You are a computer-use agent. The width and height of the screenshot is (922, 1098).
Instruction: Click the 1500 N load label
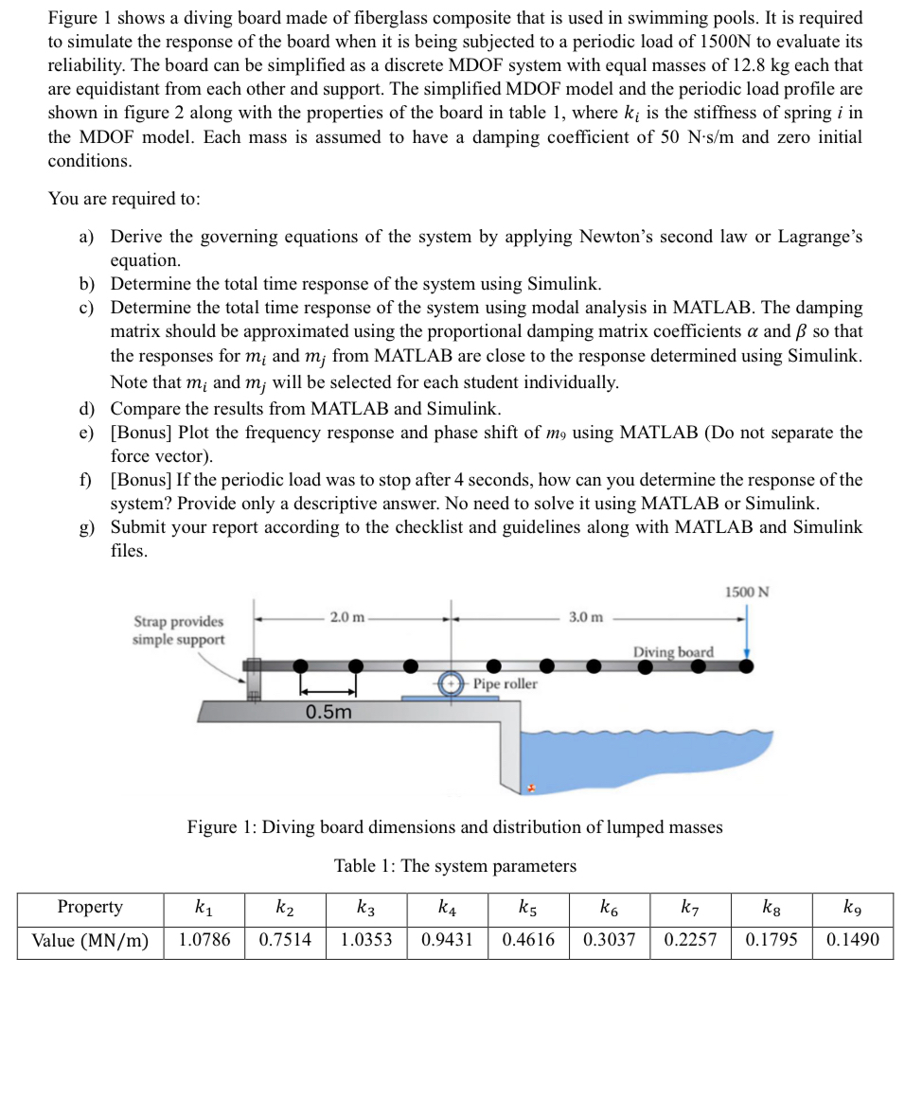tap(747, 592)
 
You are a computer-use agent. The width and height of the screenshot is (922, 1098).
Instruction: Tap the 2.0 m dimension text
tap(346, 617)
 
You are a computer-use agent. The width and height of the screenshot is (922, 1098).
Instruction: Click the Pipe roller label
tap(505, 683)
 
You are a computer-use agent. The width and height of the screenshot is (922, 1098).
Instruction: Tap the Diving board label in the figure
tap(673, 652)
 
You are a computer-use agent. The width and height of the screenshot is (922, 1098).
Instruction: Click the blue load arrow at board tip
tap(747, 632)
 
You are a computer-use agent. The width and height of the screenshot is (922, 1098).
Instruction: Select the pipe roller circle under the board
tap(452, 683)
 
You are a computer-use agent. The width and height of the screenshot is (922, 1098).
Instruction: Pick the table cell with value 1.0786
tap(204, 940)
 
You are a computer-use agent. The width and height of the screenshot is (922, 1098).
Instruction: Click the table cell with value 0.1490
tap(852, 940)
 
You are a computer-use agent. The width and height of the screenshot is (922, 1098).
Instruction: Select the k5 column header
tap(528, 908)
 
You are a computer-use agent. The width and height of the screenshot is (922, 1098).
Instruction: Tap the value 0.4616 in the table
tap(528, 940)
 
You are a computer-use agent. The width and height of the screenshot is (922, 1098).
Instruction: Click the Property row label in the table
tap(90, 907)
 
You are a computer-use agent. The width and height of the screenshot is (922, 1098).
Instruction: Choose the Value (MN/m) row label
tap(90, 940)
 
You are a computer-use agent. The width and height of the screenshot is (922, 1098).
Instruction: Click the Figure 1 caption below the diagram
tap(454, 827)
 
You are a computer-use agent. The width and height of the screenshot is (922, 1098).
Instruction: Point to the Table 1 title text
tap(454, 866)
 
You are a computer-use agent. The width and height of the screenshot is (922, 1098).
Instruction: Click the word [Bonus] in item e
tap(141, 433)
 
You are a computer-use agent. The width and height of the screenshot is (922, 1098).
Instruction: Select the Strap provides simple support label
tap(179, 630)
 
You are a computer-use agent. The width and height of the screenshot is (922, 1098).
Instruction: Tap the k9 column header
tap(852, 908)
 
